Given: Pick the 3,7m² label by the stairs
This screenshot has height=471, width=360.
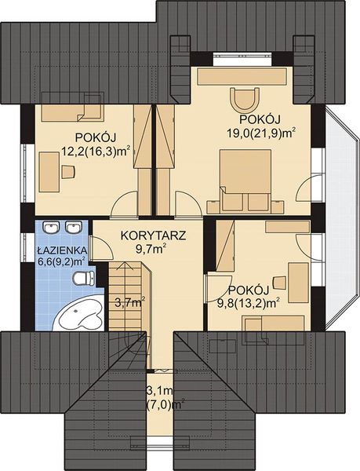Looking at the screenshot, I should pyautogui.click(x=128, y=301).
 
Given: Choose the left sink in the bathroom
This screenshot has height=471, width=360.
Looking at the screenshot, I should pyautogui.click(x=51, y=228).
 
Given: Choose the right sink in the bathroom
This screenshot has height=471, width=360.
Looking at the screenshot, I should pyautogui.click(x=74, y=228).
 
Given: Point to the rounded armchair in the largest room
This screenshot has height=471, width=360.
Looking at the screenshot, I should pyautogui.click(x=244, y=100).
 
